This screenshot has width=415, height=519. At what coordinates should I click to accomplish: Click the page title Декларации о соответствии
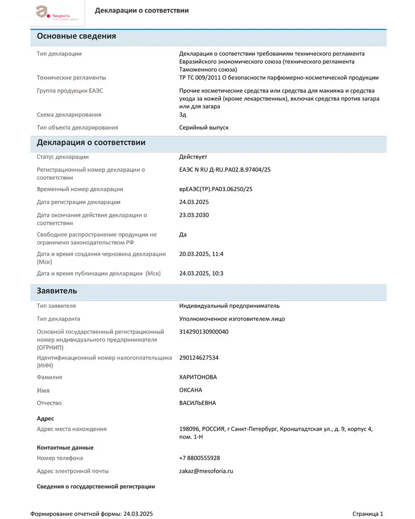pos(142,10)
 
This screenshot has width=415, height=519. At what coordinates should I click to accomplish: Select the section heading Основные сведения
pos(76,36)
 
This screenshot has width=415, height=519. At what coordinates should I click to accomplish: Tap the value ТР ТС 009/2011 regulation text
pos(279,78)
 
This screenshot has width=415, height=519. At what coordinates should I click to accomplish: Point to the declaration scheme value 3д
pos(183,115)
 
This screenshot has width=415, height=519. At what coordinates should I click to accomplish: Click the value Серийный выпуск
pos(203,127)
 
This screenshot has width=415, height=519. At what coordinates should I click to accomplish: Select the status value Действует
pos(193,157)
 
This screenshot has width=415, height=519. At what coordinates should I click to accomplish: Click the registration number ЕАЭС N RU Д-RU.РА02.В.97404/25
pos(225,170)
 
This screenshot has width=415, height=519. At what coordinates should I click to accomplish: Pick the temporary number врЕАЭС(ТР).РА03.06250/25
pos(215,189)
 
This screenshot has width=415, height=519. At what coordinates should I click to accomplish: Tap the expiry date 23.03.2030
pos(193,215)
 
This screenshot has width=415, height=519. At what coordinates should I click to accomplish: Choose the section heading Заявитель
pos(57,291)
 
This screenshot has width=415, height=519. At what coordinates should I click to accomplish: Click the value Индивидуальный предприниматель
pos(229,306)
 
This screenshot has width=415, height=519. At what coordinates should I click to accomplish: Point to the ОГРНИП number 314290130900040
pos(203,332)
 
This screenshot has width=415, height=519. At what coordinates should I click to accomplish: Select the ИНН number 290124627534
pos(199,358)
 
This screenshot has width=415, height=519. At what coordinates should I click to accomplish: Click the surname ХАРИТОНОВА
pos(198,377)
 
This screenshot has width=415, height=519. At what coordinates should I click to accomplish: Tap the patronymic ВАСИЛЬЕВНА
pos(197,403)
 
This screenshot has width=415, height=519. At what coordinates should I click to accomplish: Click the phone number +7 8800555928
pos(199,458)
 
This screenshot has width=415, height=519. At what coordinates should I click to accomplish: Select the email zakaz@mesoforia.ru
pos(206,471)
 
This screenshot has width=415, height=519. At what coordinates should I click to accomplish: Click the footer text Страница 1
pos(367,514)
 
